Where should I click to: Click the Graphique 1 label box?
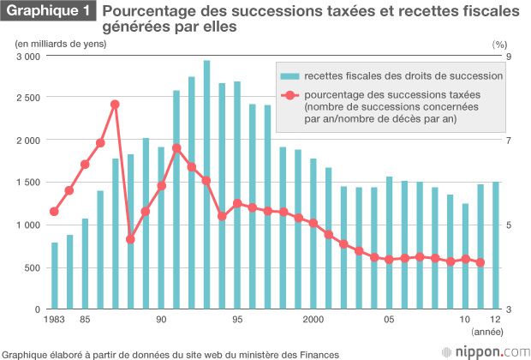click(x=48, y=12)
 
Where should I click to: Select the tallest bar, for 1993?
click(x=206, y=184)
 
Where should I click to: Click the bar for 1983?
click(x=54, y=276)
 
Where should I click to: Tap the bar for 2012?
click(x=495, y=245)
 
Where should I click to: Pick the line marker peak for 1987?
click(x=115, y=105)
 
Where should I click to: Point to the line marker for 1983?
click(x=54, y=212)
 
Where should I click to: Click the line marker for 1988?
click(x=130, y=239)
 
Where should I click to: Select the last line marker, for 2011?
click(x=480, y=262)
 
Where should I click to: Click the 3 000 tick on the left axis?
click(x=28, y=56)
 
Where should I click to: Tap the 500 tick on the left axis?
click(x=32, y=267)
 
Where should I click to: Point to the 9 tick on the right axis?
click(x=507, y=56)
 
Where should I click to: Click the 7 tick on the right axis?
click(x=507, y=141)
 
